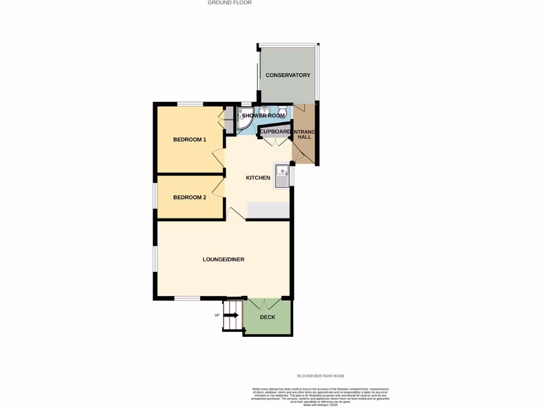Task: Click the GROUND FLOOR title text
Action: pyautogui.click(x=229, y=3)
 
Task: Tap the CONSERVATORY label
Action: pyautogui.click(x=287, y=75)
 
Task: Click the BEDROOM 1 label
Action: pyautogui.click(x=190, y=140)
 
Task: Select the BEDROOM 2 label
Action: pyautogui.click(x=190, y=197)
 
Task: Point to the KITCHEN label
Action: pyautogui.click(x=258, y=177)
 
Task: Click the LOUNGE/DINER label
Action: pyautogui.click(x=223, y=259)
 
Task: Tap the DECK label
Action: pyautogui.click(x=267, y=317)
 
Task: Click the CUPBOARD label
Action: pyautogui.click(x=275, y=132)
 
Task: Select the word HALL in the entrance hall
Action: pyautogui.click(x=304, y=137)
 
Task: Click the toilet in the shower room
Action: pyautogui.click(x=283, y=112)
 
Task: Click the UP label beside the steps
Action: pyautogui.click(x=217, y=316)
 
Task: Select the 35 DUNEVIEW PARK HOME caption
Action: pyautogui.click(x=320, y=376)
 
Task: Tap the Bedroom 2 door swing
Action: pyautogui.click(x=218, y=188)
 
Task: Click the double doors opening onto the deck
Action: pyautogui.click(x=267, y=303)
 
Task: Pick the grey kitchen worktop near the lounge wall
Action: pyautogui.click(x=268, y=210)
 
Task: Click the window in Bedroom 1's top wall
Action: pyautogui.click(x=190, y=104)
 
